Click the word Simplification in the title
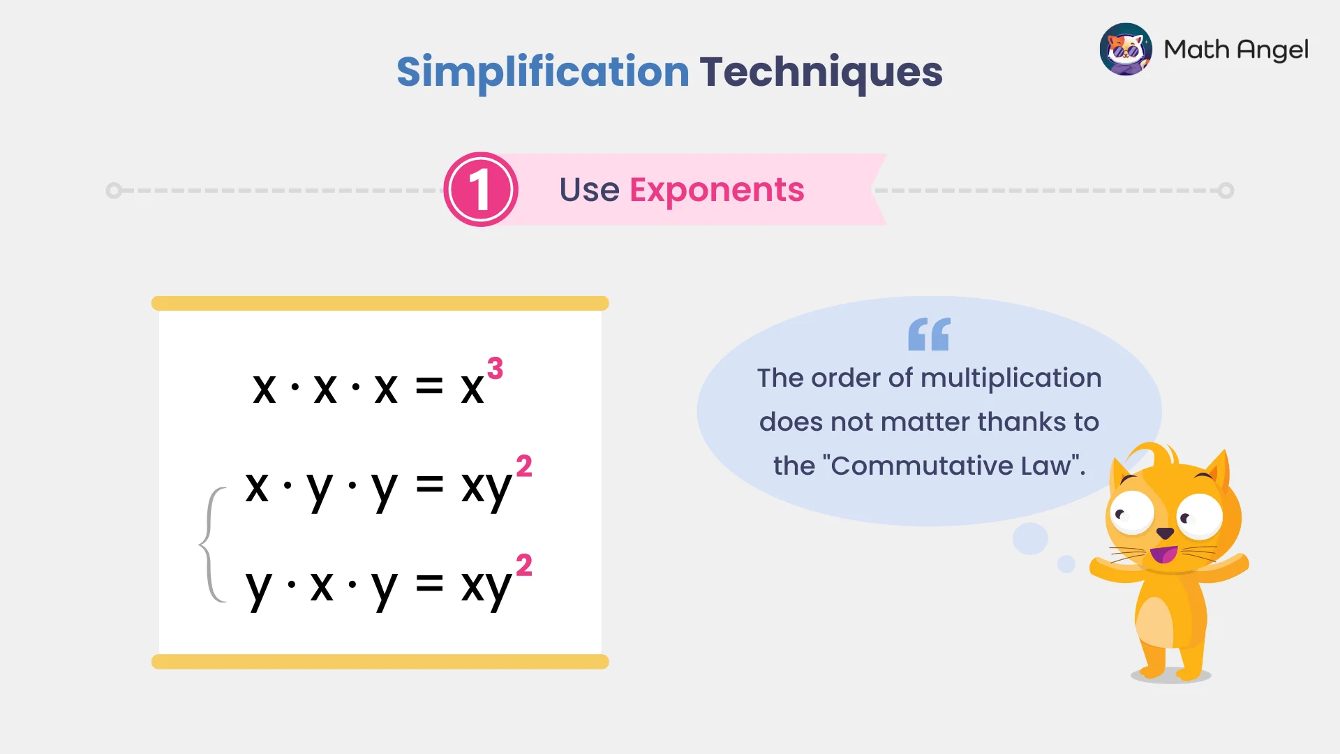(x=542, y=72)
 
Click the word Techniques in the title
(x=821, y=72)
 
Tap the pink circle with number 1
(x=480, y=189)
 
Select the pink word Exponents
(x=717, y=189)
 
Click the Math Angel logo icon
(x=1125, y=49)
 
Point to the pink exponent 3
(x=495, y=369)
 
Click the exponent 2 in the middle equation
(x=523, y=466)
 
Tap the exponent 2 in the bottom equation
(x=523, y=565)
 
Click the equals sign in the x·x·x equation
(x=429, y=386)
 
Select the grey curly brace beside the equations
(x=210, y=544)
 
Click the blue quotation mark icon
(x=929, y=334)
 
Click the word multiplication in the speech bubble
(x=1011, y=378)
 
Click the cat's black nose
(x=1165, y=533)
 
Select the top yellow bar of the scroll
(x=380, y=303)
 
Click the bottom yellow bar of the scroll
(x=380, y=661)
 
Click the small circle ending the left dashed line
(x=114, y=190)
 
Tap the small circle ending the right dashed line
(x=1226, y=190)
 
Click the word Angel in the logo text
(x=1272, y=50)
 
